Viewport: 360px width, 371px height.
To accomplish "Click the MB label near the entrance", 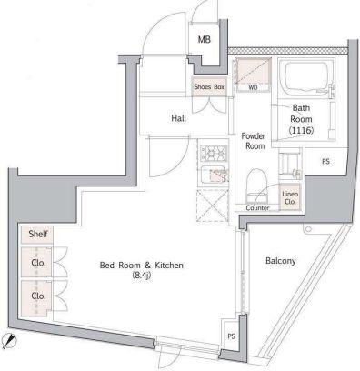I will (x=205, y=39).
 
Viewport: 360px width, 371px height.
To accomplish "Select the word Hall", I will (x=179, y=118).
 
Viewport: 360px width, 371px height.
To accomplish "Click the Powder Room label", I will (x=254, y=141).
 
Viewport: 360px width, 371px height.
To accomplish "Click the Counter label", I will (x=257, y=208).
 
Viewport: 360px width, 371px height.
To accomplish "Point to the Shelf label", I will (x=37, y=234).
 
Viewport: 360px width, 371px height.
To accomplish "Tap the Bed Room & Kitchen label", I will (x=142, y=265).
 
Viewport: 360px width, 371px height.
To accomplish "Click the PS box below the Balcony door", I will (x=232, y=336).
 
